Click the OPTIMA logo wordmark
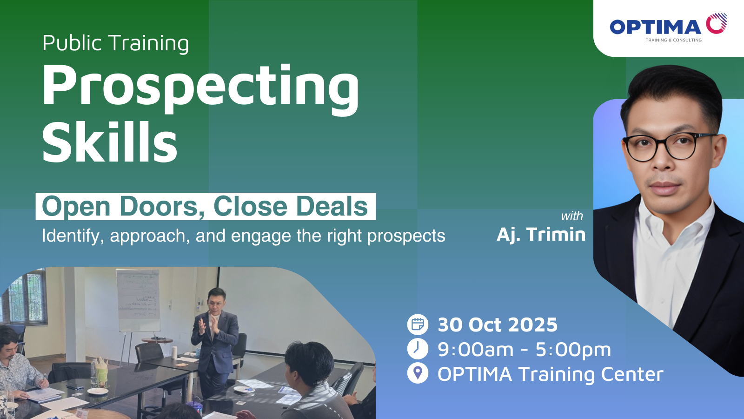point(655,27)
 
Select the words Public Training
point(116,44)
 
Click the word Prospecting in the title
point(200,88)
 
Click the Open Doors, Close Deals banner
point(206,206)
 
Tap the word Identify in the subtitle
point(70,236)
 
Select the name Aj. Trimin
point(541,235)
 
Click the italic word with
point(571,216)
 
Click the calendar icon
point(418,324)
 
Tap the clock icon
point(418,349)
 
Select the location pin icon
point(418,373)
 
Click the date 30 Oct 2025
point(498,325)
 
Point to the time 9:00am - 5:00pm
point(524,350)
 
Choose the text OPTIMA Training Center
point(551,374)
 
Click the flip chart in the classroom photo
point(138,300)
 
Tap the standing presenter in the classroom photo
point(214,343)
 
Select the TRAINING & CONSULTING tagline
point(674,40)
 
